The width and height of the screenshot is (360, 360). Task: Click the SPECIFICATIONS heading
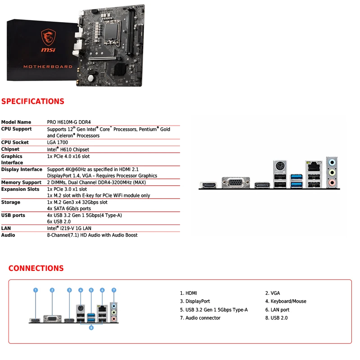point(33,101)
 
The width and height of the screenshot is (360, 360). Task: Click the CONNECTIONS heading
point(36,268)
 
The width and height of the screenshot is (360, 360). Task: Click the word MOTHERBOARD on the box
point(48,67)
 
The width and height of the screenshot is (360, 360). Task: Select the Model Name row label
point(16,122)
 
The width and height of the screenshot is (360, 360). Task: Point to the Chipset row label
point(10,149)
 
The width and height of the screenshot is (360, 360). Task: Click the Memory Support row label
point(21,183)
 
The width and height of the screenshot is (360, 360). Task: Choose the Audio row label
point(8,235)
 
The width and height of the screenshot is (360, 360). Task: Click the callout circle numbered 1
point(36,290)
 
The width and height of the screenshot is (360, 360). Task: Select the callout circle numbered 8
point(91,328)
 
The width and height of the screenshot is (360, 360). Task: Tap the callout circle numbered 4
point(81,290)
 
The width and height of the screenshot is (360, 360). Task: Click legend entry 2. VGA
point(272,293)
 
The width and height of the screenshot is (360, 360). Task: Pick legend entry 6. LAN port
point(277,310)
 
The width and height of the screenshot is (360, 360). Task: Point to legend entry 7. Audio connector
point(200,318)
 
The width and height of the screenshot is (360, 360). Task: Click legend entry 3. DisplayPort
point(195,301)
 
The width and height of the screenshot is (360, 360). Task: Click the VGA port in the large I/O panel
point(234,184)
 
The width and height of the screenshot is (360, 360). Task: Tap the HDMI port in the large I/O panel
point(208,185)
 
